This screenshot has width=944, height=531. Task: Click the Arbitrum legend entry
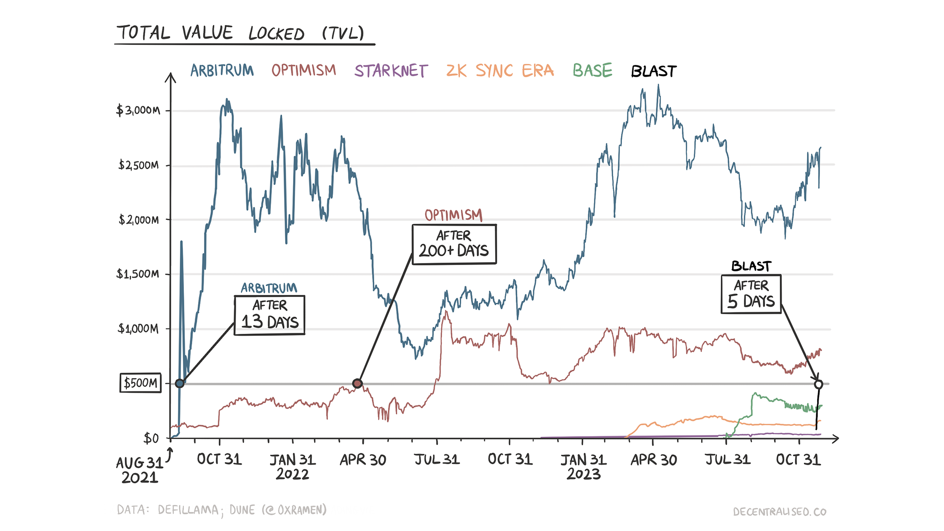click(222, 71)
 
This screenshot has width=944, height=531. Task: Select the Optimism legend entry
click(304, 70)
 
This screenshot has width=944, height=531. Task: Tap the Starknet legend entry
click(391, 71)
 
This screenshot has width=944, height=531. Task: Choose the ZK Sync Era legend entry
click(500, 71)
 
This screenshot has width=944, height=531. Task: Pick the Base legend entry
click(592, 70)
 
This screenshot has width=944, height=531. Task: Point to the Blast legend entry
click(653, 71)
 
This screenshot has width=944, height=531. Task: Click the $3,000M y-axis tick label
click(138, 110)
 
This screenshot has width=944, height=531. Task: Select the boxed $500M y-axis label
click(141, 383)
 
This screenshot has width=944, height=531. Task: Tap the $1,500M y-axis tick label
click(138, 274)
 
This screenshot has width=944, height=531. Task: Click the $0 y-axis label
click(151, 438)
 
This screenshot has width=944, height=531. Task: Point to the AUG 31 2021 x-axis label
click(140, 470)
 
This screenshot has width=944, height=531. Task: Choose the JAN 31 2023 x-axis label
click(584, 467)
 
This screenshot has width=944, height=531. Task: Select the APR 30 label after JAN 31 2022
click(363, 460)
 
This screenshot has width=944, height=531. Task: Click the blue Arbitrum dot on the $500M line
click(180, 383)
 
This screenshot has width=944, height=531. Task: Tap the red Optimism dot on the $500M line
click(357, 383)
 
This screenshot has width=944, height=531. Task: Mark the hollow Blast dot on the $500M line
click(818, 384)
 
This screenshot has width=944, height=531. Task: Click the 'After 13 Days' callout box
click(269, 315)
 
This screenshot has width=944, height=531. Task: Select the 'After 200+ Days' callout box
click(454, 244)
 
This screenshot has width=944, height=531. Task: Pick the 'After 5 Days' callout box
click(751, 294)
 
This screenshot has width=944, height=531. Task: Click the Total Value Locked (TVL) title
click(240, 33)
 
